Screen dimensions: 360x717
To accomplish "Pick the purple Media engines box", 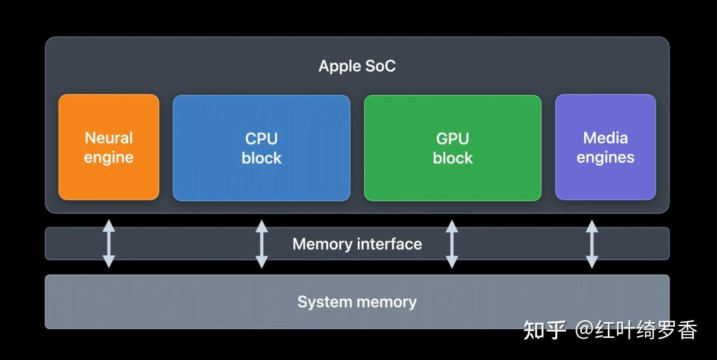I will coord(605,179).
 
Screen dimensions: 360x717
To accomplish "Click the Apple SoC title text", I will coord(357,66).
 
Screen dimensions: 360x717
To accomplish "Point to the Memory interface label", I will coord(357,244).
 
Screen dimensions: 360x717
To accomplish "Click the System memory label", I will coord(357,302).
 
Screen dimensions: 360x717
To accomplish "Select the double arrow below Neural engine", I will coord(109,244).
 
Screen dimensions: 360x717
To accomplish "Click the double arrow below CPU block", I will coord(262,244).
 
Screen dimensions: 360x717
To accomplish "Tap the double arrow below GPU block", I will coord(452,244).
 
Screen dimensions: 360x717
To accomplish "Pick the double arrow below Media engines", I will coord(592,244).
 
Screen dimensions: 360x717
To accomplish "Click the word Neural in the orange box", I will coord(109,138).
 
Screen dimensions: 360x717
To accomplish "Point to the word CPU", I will coord(261,138).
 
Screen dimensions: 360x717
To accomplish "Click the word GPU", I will coord(452,138).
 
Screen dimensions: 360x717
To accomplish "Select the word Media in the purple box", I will coord(605,138).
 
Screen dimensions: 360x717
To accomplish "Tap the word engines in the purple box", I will coord(605,158).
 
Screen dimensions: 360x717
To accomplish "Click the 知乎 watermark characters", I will coord(544,330).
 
